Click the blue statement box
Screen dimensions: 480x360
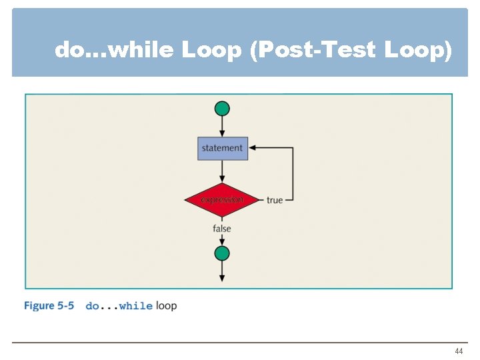[x=223, y=148]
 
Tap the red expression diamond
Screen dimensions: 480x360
[x=222, y=199]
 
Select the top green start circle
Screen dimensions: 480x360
[x=223, y=109]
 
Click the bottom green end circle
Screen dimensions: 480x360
[x=222, y=253]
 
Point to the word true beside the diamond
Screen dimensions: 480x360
[x=275, y=200]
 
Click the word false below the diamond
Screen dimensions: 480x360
[x=222, y=229]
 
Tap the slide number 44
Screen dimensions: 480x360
[x=459, y=351]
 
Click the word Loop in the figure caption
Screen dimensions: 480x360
[x=167, y=306]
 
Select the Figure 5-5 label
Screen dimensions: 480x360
[x=49, y=306]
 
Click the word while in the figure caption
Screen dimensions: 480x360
[x=136, y=306]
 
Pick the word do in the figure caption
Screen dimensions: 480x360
[x=93, y=306]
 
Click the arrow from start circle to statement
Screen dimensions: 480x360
[x=223, y=127]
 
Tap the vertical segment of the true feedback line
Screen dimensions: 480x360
[x=293, y=173]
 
